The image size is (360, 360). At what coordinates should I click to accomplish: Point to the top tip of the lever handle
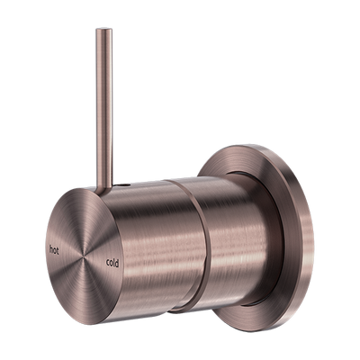pyautogui.click(x=97, y=30)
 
